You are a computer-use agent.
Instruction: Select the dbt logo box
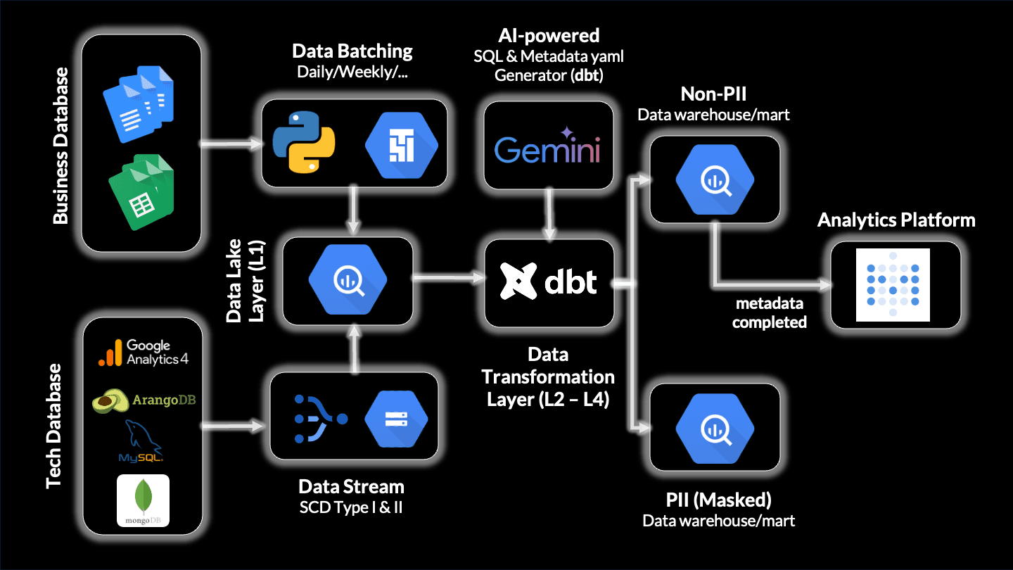[x=549, y=281]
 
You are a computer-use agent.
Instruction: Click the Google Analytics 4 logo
[x=144, y=352]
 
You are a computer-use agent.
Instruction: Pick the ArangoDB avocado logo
[x=144, y=400]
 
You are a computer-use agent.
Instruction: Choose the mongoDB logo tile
[x=143, y=501]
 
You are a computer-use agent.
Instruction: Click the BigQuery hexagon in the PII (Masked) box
[x=715, y=427]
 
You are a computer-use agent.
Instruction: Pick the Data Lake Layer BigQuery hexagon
[x=348, y=281]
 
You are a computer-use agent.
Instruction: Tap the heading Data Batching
[x=352, y=51]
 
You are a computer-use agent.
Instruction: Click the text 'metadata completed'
[x=770, y=313]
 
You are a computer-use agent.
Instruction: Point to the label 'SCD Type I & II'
[x=352, y=507]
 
